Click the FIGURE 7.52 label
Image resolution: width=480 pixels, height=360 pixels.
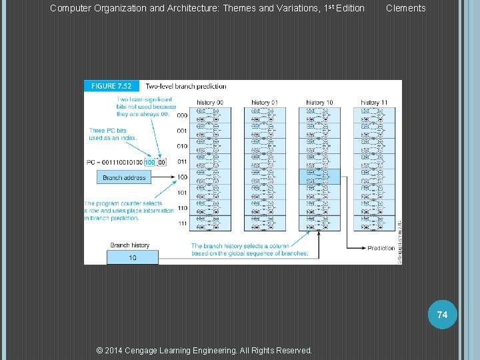111,86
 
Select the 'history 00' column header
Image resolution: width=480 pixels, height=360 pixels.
210,103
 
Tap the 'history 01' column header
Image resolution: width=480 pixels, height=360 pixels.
265,103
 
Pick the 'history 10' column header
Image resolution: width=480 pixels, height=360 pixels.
319,103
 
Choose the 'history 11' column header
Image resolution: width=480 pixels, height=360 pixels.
374,103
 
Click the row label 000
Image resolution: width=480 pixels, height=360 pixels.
182,115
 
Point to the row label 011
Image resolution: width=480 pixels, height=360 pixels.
182,162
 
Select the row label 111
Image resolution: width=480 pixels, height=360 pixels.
182,224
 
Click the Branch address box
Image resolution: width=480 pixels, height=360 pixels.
124,178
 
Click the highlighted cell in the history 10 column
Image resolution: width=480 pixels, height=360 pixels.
319,177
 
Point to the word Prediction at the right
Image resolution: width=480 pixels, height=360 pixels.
381,249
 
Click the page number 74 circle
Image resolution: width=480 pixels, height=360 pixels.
443,314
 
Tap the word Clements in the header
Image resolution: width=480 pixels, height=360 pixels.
405,8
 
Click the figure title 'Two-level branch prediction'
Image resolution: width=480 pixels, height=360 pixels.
186,86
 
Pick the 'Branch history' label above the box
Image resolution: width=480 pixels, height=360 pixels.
130,245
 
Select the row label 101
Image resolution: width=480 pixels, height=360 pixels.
182,193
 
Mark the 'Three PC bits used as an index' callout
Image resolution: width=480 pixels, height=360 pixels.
113,133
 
